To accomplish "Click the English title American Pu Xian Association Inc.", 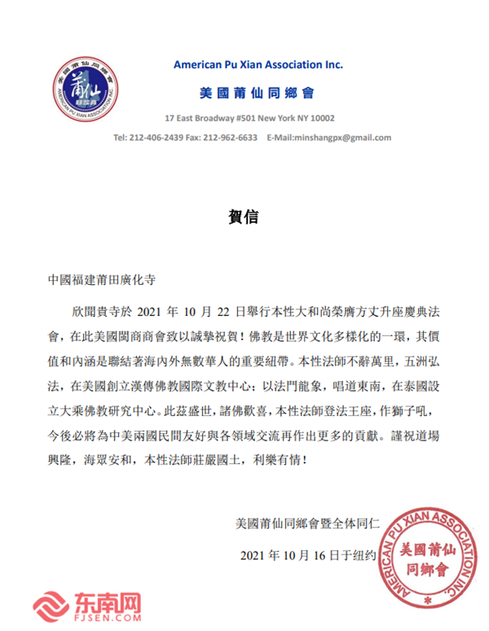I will (259, 64).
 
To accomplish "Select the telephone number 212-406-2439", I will (160, 138).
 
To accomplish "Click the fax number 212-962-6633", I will (231, 138).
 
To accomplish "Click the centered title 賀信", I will (244, 217).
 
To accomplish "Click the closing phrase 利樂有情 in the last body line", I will (280, 459).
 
